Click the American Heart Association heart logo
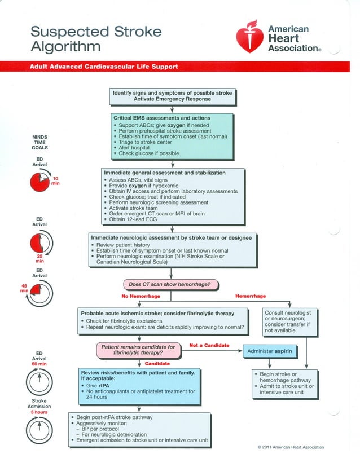point(248,37)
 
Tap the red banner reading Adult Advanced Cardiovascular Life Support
point(104,67)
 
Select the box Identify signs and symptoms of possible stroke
point(172,95)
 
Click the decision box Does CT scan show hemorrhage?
point(171,284)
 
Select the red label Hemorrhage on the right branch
point(250,296)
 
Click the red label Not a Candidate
point(209,345)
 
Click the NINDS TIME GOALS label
point(39,145)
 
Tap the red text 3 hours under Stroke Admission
point(39,412)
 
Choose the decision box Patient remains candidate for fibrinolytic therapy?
point(138,350)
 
